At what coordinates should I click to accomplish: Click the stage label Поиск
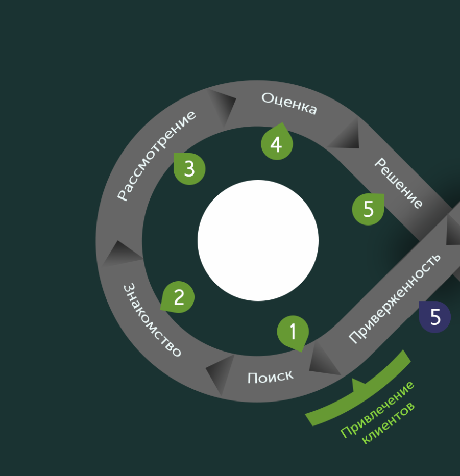(x=270, y=377)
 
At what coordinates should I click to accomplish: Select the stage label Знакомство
(x=152, y=320)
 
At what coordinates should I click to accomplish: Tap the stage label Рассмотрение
(x=156, y=155)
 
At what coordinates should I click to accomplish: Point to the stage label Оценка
(x=289, y=103)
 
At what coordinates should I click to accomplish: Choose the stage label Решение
(x=399, y=183)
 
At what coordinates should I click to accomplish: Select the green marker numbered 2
(x=178, y=297)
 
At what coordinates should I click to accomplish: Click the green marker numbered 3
(x=189, y=168)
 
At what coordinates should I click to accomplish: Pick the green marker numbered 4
(x=276, y=144)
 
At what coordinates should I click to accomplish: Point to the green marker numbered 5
(x=368, y=209)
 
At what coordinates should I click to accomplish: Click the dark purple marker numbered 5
(x=435, y=317)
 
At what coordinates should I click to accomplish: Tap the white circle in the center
(x=258, y=240)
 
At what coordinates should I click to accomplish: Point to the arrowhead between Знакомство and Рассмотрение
(x=120, y=253)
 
